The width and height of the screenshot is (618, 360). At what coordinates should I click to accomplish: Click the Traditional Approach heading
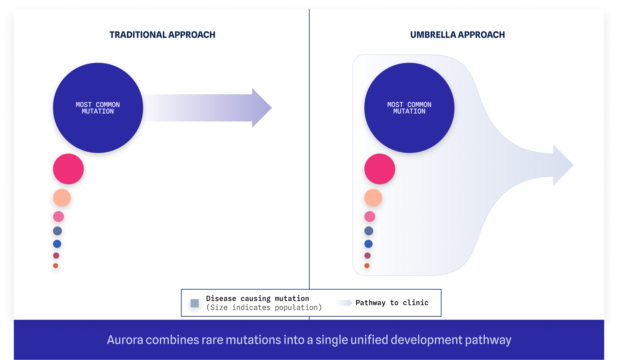tap(162, 35)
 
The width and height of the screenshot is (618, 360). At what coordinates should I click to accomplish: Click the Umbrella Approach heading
tap(457, 35)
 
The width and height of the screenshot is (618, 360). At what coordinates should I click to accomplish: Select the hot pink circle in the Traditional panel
tap(68, 169)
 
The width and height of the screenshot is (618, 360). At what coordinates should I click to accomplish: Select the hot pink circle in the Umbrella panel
tap(380, 169)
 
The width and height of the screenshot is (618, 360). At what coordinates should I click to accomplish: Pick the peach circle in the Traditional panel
tap(62, 198)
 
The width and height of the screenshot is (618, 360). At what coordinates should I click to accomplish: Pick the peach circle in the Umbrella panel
tap(373, 198)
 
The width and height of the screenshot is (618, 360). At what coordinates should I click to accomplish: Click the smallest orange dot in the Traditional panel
tap(56, 266)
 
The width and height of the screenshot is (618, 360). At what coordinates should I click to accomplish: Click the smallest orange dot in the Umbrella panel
tap(367, 266)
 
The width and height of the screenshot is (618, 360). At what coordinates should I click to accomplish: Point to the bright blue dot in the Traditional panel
tap(57, 244)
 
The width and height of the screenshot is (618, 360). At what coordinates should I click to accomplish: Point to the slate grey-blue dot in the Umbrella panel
tap(369, 231)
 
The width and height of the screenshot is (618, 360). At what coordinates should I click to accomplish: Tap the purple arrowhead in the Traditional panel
tap(261, 108)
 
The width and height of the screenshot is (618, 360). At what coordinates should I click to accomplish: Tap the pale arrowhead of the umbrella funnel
tap(562, 165)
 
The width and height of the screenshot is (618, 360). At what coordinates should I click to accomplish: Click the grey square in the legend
tap(195, 303)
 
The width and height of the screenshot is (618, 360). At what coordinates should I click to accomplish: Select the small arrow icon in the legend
tap(345, 303)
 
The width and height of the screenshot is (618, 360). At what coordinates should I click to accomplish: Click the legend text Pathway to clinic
tap(392, 303)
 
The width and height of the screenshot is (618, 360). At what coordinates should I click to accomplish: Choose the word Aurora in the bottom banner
tap(125, 340)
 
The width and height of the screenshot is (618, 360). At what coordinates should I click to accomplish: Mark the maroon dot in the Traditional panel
tap(56, 256)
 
